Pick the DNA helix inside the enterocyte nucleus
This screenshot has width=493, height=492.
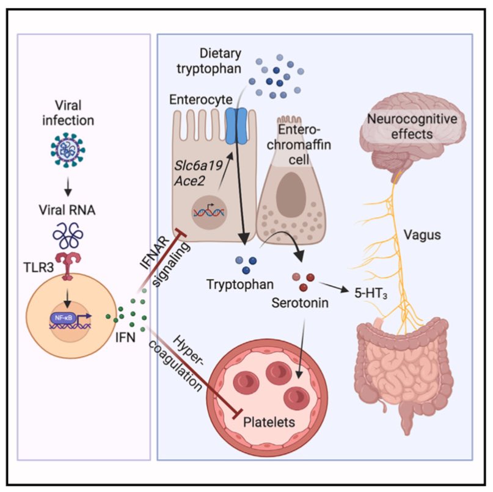(208, 212)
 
